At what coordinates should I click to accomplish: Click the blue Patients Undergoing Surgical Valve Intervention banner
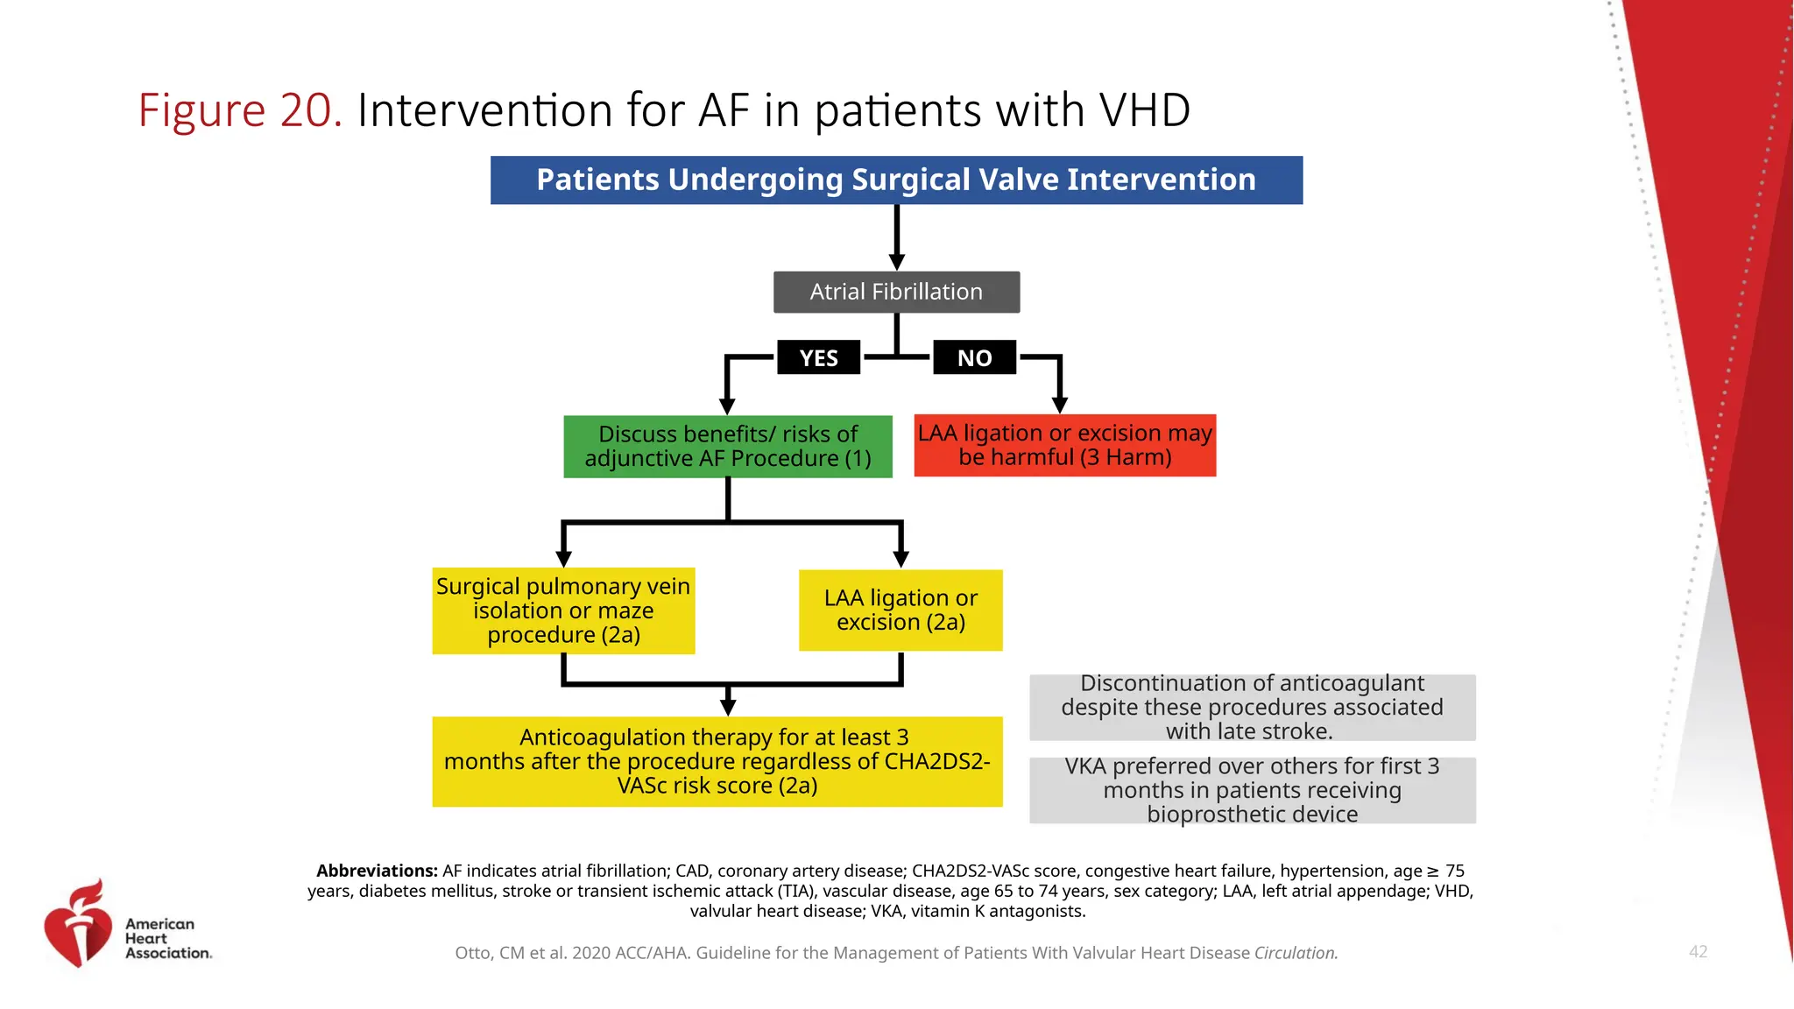click(x=896, y=180)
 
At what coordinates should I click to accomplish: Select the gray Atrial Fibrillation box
click(x=896, y=292)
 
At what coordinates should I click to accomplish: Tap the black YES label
click(x=818, y=357)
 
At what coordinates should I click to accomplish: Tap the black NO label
click(x=974, y=357)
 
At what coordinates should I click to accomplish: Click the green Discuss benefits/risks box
click(x=727, y=447)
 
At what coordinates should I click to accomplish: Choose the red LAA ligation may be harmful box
click(x=1064, y=446)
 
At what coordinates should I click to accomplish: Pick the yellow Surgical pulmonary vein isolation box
click(x=563, y=610)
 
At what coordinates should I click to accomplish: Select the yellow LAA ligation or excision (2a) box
click(x=901, y=610)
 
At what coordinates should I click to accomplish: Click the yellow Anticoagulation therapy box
click(x=717, y=761)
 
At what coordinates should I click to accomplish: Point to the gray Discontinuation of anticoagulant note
click(x=1252, y=707)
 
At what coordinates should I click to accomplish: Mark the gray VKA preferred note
click(x=1252, y=790)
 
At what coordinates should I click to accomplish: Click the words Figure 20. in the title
click(x=239, y=111)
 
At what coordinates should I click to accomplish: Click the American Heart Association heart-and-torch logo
click(x=79, y=925)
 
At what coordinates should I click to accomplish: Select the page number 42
click(x=1698, y=952)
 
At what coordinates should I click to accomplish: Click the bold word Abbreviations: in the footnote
click(x=377, y=871)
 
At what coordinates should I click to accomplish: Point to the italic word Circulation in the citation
click(x=1295, y=953)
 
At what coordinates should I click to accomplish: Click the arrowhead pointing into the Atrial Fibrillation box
click(x=896, y=262)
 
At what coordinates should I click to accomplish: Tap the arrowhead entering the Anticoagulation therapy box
click(x=727, y=707)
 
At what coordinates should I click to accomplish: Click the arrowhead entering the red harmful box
click(x=1059, y=406)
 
